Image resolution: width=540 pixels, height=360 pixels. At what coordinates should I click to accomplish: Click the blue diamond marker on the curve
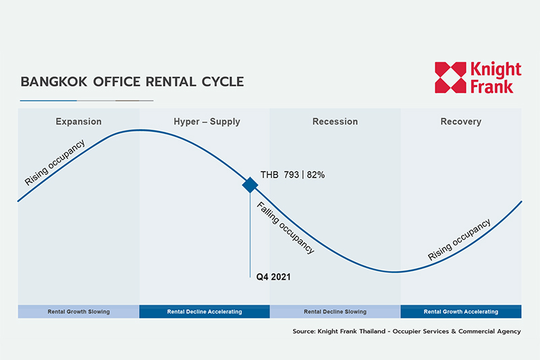tap(250, 185)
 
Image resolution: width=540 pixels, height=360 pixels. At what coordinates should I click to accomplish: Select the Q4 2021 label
tap(273, 277)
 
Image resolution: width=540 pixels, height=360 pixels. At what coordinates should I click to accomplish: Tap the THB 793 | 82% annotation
tap(292, 175)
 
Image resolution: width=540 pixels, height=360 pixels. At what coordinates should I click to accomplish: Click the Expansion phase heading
tap(78, 122)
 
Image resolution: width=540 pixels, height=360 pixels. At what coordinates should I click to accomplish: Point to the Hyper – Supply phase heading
tap(207, 122)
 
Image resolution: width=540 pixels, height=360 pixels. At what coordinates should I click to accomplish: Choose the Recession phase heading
tap(335, 122)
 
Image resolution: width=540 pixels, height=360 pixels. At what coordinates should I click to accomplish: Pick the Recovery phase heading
tap(461, 122)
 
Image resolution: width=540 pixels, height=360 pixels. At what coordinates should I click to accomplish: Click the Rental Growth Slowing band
tap(78, 311)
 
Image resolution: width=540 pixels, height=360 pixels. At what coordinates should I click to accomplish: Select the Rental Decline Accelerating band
tap(205, 311)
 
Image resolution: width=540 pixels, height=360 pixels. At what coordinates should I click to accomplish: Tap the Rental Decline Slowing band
tap(335, 311)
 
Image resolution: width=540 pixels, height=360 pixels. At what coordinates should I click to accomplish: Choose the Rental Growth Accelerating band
tap(461, 311)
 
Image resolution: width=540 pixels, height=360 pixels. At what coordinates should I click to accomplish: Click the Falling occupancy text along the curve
tap(286, 228)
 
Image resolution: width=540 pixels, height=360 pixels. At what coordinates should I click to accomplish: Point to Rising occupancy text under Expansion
tap(55, 162)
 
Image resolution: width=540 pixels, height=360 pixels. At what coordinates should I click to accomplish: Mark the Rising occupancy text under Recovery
tap(459, 239)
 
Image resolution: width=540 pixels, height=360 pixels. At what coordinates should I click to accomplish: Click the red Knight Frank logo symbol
tap(450, 78)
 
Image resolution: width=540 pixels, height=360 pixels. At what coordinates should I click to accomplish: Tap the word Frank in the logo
tap(491, 86)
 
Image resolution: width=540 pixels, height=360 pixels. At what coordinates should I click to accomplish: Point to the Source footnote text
tap(407, 332)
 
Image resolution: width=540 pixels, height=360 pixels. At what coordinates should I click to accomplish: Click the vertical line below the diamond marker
tap(250, 235)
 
